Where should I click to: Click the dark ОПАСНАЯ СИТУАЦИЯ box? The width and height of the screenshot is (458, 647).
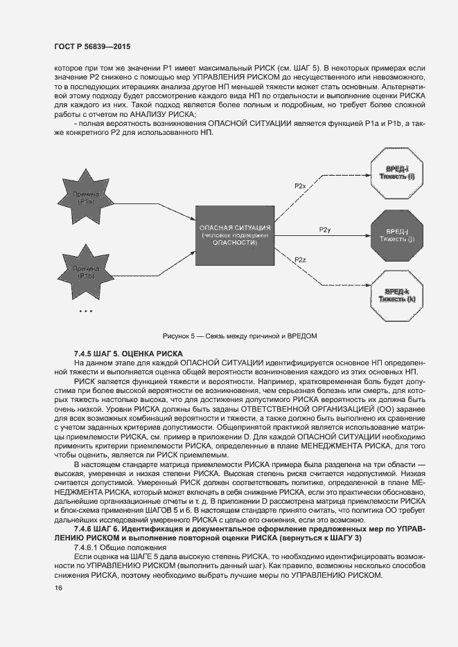235,235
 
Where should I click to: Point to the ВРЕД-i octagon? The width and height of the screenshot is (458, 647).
392,173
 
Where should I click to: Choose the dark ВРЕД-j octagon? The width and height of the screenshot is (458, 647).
392,235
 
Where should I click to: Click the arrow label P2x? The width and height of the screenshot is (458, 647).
300,186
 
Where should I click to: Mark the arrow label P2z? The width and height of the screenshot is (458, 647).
300,259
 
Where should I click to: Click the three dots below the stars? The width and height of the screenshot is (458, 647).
86,311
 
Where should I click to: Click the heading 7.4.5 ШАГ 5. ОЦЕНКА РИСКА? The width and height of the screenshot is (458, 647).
127,353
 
